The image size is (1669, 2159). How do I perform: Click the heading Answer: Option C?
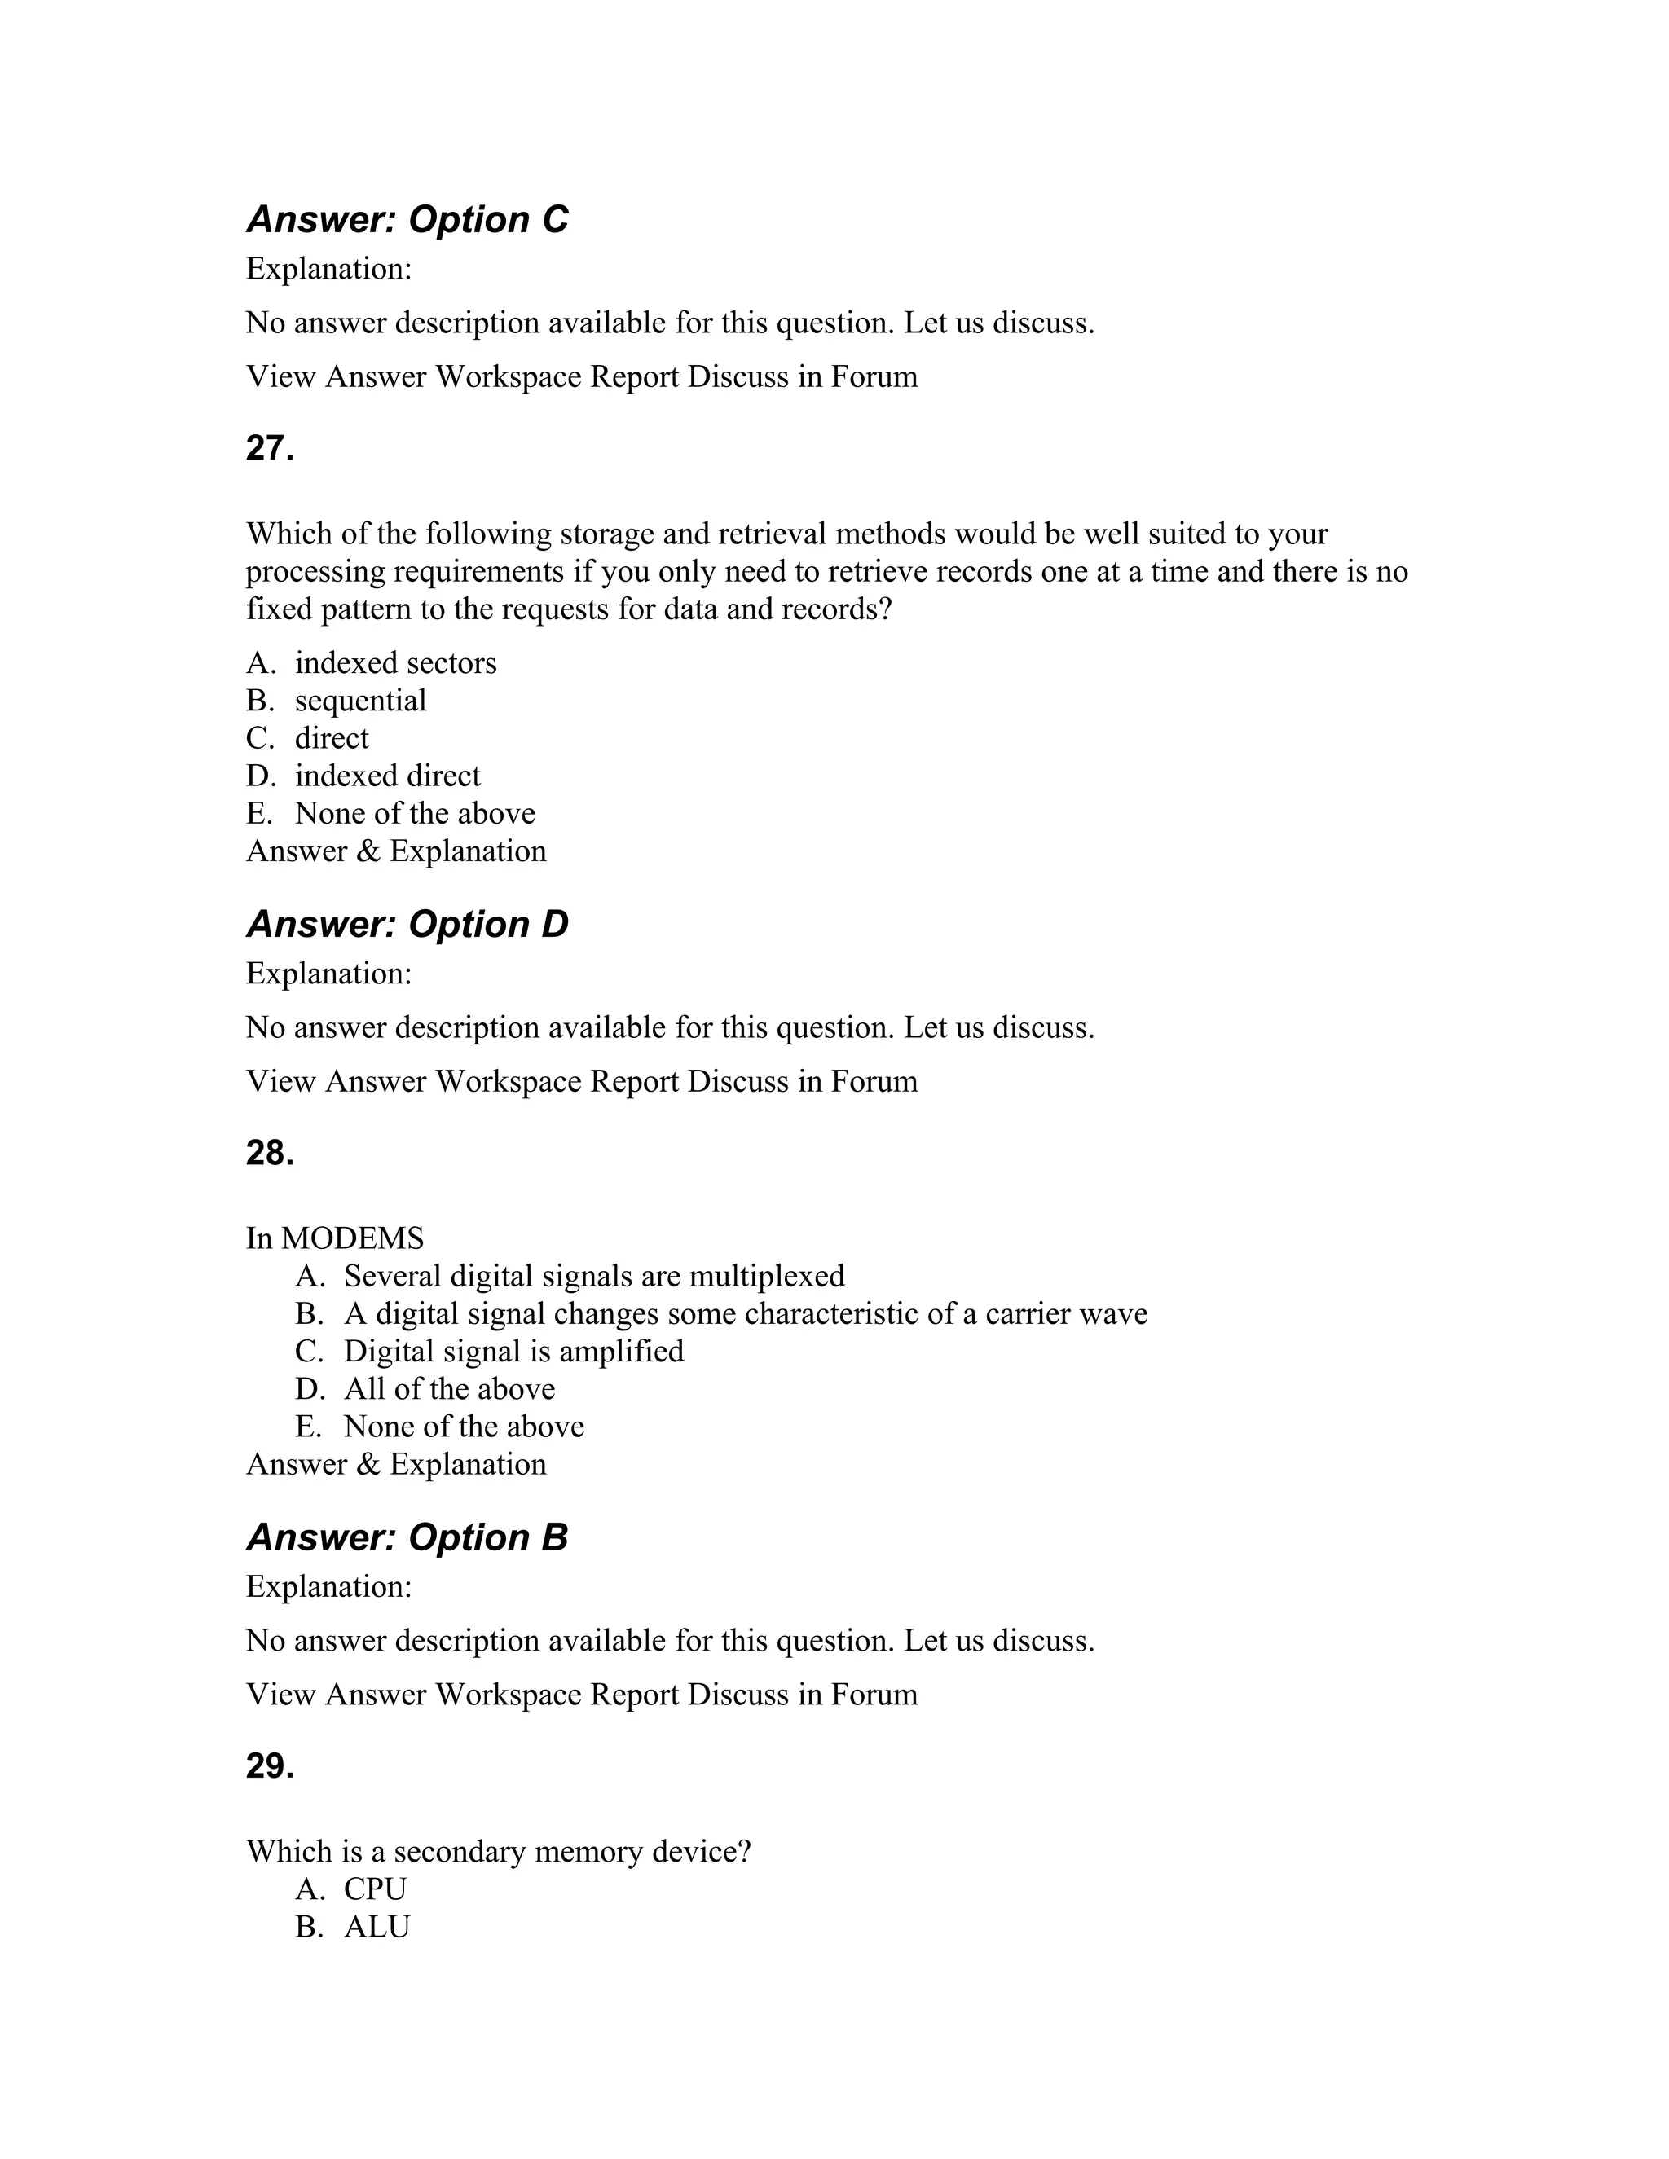click(407, 219)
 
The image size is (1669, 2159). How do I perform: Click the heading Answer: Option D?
click(407, 925)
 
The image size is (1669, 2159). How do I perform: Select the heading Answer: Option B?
click(407, 1537)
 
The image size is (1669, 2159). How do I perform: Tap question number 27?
click(270, 449)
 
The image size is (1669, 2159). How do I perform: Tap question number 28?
click(270, 1154)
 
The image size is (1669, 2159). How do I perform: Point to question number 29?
click(270, 1766)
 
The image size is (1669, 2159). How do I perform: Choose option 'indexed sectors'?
click(395, 662)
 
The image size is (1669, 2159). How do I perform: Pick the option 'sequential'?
click(360, 700)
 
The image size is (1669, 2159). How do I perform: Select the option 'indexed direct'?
click(388, 775)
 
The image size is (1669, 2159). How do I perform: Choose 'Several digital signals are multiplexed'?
click(593, 1275)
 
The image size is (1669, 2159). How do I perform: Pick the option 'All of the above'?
click(449, 1388)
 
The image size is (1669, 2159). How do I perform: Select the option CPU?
click(375, 1889)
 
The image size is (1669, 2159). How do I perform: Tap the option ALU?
click(377, 1926)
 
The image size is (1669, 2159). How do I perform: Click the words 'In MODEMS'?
click(334, 1238)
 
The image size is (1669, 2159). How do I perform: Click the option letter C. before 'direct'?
click(259, 737)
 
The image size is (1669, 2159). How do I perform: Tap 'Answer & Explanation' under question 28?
click(395, 1463)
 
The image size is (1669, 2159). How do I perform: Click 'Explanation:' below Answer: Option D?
click(328, 973)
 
